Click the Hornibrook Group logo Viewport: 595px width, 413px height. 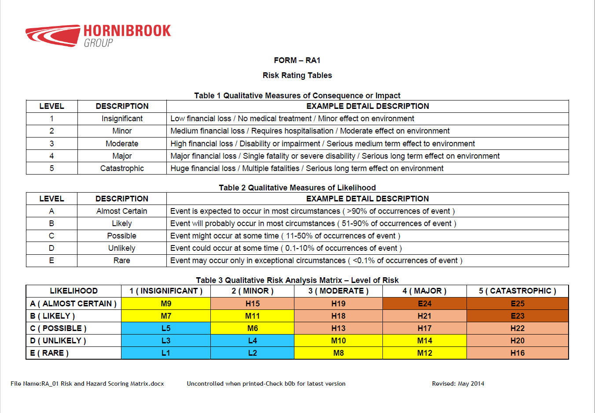click(x=98, y=35)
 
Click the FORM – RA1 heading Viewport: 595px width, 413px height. click(x=297, y=60)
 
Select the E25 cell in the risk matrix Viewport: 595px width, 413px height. click(x=518, y=304)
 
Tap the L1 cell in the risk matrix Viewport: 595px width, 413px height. click(x=166, y=353)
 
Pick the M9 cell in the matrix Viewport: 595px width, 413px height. click(x=166, y=304)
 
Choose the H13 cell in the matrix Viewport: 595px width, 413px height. click(x=338, y=328)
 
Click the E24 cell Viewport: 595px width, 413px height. click(x=424, y=304)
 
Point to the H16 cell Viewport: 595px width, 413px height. click(x=518, y=353)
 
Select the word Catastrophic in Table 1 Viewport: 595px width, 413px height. click(x=122, y=168)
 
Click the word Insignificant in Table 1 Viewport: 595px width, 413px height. click(x=122, y=119)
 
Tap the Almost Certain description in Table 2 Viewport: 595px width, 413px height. click(x=122, y=211)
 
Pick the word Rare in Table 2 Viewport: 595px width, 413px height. click(x=122, y=260)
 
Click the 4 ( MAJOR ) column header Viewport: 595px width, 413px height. click(x=424, y=291)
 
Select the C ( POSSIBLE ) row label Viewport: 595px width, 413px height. click(x=58, y=328)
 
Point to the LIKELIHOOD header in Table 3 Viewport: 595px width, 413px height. click(x=73, y=291)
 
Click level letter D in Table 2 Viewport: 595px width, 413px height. click(x=51, y=248)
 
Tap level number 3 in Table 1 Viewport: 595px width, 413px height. click(x=51, y=144)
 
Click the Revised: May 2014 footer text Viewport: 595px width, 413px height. click(x=458, y=383)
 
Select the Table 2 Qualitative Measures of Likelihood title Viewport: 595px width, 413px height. click(x=297, y=188)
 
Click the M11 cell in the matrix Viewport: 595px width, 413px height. click(x=252, y=316)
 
